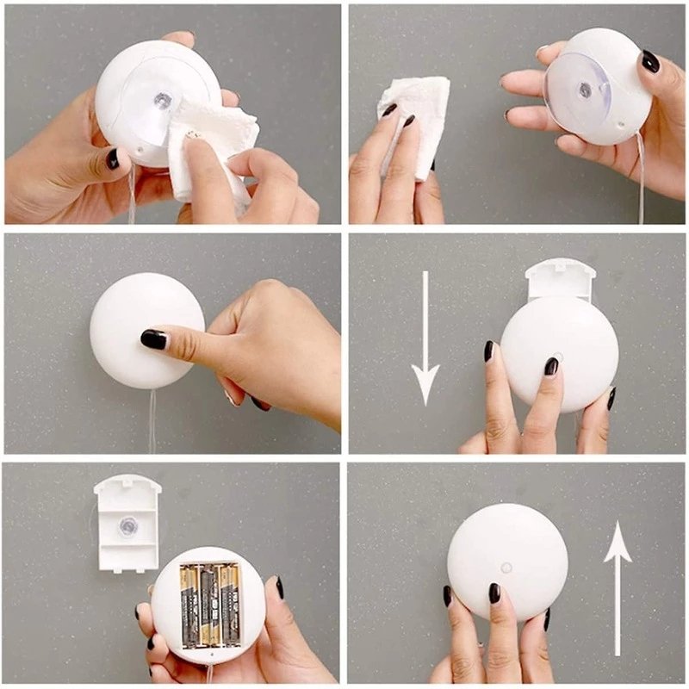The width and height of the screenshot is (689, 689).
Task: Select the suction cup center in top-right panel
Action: tap(586, 90)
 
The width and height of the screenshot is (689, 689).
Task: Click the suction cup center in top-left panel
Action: tap(162, 100)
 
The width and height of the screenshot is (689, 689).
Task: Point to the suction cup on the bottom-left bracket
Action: tap(127, 525)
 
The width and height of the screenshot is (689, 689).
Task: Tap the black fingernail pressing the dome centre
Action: tap(154, 339)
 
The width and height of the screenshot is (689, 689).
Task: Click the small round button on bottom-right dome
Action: tap(506, 568)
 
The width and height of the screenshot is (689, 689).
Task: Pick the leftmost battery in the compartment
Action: tap(189, 605)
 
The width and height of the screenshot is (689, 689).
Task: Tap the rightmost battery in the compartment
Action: tap(229, 605)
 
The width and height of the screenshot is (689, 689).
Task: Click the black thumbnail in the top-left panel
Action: tap(112, 158)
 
